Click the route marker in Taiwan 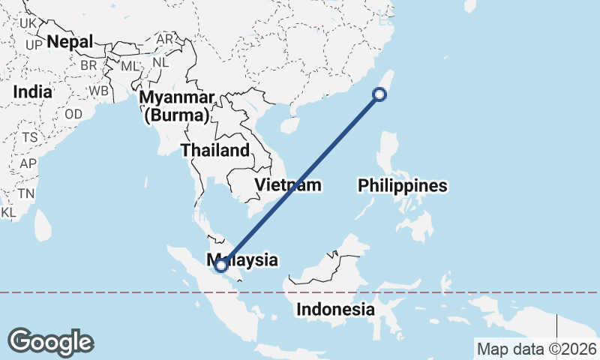(x=379, y=94)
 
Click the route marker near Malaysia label (x=221, y=264)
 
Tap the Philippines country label (x=402, y=185)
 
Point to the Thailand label (x=215, y=150)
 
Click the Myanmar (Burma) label (x=178, y=106)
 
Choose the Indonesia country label (x=335, y=309)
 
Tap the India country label (x=33, y=92)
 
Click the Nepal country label (x=70, y=42)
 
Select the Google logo (x=51, y=341)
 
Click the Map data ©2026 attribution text (x=536, y=349)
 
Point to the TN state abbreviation (x=26, y=193)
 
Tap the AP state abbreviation (x=28, y=163)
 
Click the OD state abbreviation (x=73, y=114)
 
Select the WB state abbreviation (x=99, y=91)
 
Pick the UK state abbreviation (x=28, y=24)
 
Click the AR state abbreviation (x=164, y=39)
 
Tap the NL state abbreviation (x=160, y=63)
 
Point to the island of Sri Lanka (x=43, y=222)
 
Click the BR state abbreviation (x=88, y=64)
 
